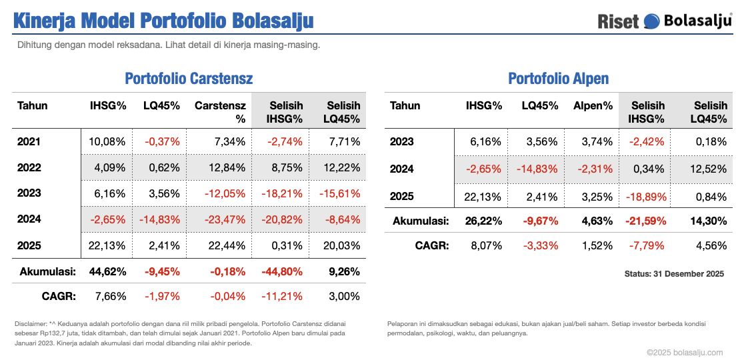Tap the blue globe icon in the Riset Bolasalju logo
pos(651,21)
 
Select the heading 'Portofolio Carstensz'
pos(189,79)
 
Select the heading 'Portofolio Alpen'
pos(558,79)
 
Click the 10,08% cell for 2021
pos(108,141)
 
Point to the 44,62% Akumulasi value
pos(107,272)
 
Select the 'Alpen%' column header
pos(593,105)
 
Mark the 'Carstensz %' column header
pos(220,112)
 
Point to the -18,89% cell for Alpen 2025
pos(645,196)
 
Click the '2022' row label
pos(29,168)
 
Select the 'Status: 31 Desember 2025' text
pos(673,274)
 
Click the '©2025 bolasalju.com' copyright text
pos(684,352)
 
